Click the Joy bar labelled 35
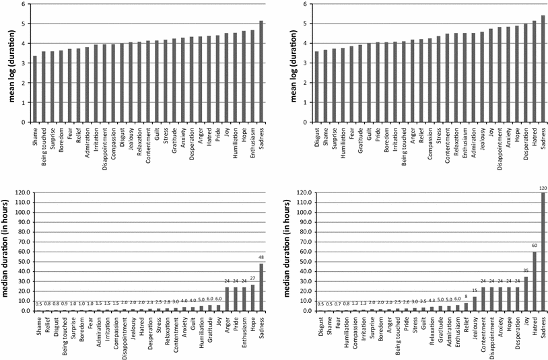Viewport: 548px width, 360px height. coord(525,294)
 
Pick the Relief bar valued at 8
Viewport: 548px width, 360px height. coord(466,307)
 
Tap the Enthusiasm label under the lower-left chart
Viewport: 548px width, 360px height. coord(244,335)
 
